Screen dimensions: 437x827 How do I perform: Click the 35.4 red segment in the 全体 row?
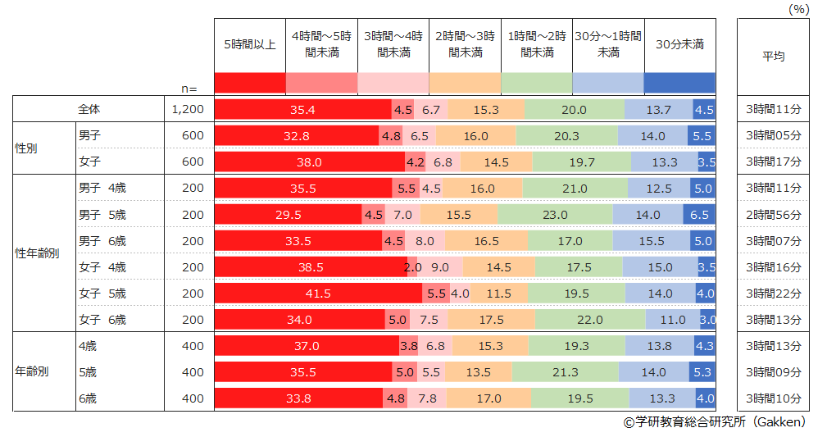pyautogui.click(x=302, y=110)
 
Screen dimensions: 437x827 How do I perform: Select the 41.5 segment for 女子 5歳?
pyautogui.click(x=318, y=294)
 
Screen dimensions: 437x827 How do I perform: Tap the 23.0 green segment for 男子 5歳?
pyautogui.click(x=555, y=215)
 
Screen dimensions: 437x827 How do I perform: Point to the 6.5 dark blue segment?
pyautogui.click(x=700, y=215)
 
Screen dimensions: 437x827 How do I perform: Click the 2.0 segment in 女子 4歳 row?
pyautogui.click(x=412, y=267)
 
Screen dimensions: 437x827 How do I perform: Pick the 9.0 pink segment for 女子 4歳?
pyautogui.click(x=439, y=267)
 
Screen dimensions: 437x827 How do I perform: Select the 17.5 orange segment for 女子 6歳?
pyautogui.click(x=492, y=320)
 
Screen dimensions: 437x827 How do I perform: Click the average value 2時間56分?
pyautogui.click(x=773, y=215)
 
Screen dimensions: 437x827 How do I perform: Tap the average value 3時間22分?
pyautogui.click(x=773, y=294)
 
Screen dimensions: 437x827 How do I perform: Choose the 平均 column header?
pyautogui.click(x=773, y=57)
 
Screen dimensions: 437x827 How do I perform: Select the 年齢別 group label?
pyautogui.click(x=32, y=371)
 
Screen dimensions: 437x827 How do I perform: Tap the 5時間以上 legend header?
pyautogui.click(x=250, y=45)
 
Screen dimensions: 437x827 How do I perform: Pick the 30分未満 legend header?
pyautogui.click(x=679, y=45)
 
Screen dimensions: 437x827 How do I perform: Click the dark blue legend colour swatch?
pyautogui.click(x=679, y=83)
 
